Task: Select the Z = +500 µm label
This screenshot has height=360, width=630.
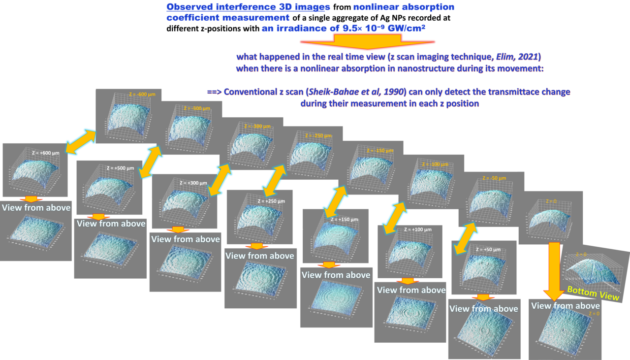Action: point(120,168)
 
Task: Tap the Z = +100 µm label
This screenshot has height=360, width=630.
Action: point(418,229)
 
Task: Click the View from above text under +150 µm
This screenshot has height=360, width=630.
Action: point(336,275)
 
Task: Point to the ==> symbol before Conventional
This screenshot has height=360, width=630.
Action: point(214,92)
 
